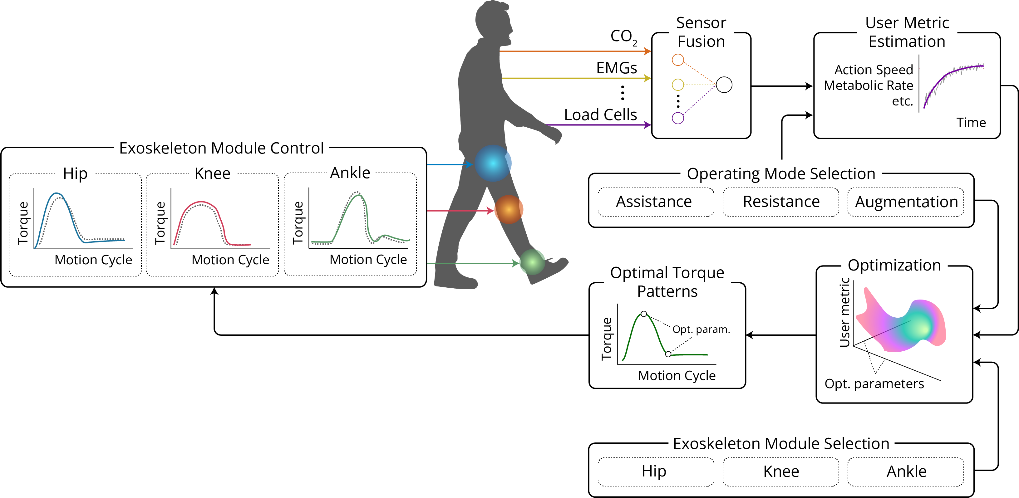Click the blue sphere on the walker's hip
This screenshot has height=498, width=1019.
(x=493, y=163)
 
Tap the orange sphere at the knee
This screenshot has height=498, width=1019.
(x=509, y=209)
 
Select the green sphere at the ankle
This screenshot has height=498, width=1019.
(x=532, y=262)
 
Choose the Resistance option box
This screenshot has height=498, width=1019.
(x=781, y=202)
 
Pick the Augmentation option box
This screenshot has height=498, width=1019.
(x=906, y=202)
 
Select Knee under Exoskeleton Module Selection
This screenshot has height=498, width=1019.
(x=781, y=471)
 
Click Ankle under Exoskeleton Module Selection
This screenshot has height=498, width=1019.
(x=906, y=471)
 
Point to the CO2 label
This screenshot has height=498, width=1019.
(x=623, y=37)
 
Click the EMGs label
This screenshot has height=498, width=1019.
(x=616, y=68)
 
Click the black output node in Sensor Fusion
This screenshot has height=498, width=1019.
(x=724, y=85)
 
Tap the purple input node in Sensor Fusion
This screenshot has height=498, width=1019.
(x=678, y=118)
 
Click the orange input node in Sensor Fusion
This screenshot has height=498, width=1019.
(x=678, y=60)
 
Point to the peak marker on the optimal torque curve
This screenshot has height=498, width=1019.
(x=644, y=314)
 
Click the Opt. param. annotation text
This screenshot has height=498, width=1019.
(x=701, y=329)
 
